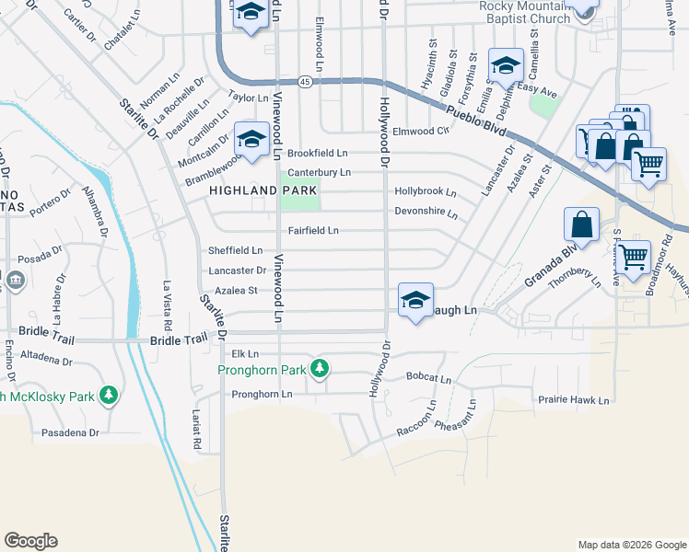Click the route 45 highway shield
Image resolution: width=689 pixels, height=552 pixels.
point(305,82)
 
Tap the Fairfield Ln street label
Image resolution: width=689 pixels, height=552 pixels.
point(314,230)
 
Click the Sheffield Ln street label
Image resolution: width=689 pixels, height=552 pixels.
point(235,250)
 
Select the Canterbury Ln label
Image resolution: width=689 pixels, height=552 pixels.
point(319,172)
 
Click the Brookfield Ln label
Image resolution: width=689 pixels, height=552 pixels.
point(318,153)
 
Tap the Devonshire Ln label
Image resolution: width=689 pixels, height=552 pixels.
point(426,213)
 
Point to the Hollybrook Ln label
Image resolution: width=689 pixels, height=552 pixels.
point(426,192)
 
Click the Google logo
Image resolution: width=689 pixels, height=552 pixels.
point(30,541)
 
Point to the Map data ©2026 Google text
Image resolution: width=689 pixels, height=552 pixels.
point(631,545)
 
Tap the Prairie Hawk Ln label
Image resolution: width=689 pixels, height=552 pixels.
point(573,400)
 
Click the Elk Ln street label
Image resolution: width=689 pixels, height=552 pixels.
point(245,353)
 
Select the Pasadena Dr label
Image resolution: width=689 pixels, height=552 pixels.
point(69,431)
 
